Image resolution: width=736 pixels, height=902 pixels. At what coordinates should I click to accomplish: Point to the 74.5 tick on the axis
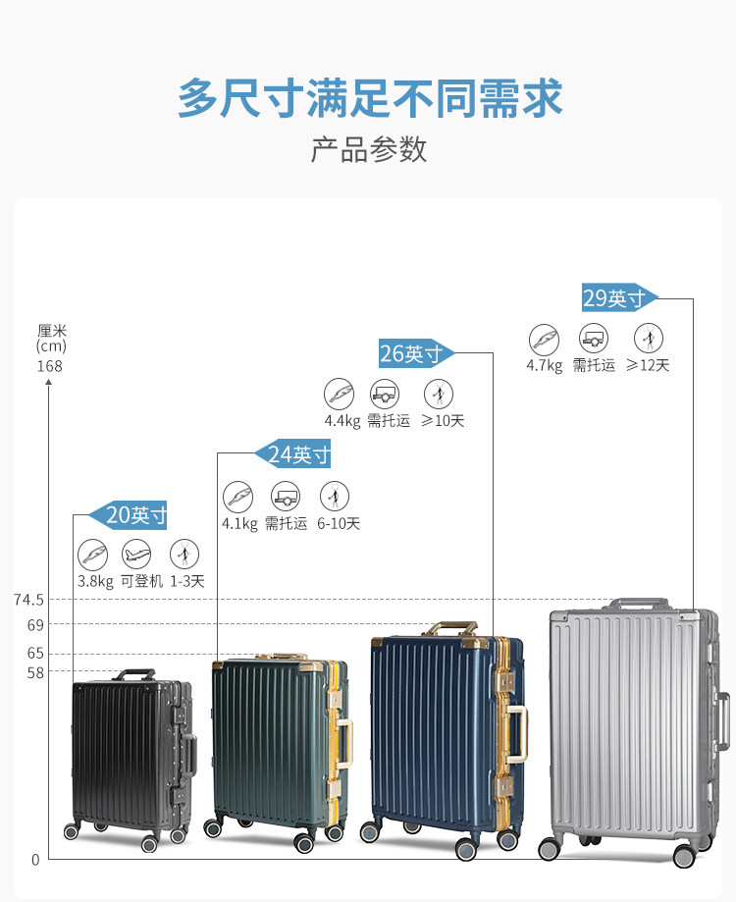(x=29, y=600)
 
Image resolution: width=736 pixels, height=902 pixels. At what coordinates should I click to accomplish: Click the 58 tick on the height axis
(x=35, y=671)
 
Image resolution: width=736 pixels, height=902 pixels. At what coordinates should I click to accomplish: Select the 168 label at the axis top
(x=49, y=366)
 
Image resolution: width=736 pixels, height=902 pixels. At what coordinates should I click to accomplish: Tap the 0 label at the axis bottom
(x=35, y=860)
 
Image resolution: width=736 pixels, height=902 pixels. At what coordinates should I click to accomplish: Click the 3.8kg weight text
(x=95, y=581)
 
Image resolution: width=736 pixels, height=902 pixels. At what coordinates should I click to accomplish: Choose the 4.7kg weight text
(x=544, y=366)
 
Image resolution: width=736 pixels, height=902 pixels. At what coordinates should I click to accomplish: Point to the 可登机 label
(x=141, y=581)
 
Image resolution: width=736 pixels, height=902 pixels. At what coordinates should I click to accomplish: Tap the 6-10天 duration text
(x=339, y=524)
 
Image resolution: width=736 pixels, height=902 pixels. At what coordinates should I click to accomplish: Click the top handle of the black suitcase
(x=137, y=674)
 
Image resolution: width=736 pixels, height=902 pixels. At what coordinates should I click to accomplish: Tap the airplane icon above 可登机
(x=137, y=554)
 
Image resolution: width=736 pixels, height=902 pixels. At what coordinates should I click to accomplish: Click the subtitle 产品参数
(x=369, y=149)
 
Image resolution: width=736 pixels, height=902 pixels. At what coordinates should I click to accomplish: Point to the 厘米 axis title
(x=51, y=331)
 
